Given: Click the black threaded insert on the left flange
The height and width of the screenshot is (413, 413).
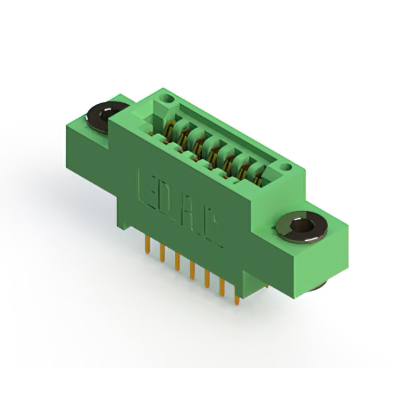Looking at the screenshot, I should [x=101, y=117].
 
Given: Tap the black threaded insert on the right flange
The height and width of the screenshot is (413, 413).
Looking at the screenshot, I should [x=302, y=228].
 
